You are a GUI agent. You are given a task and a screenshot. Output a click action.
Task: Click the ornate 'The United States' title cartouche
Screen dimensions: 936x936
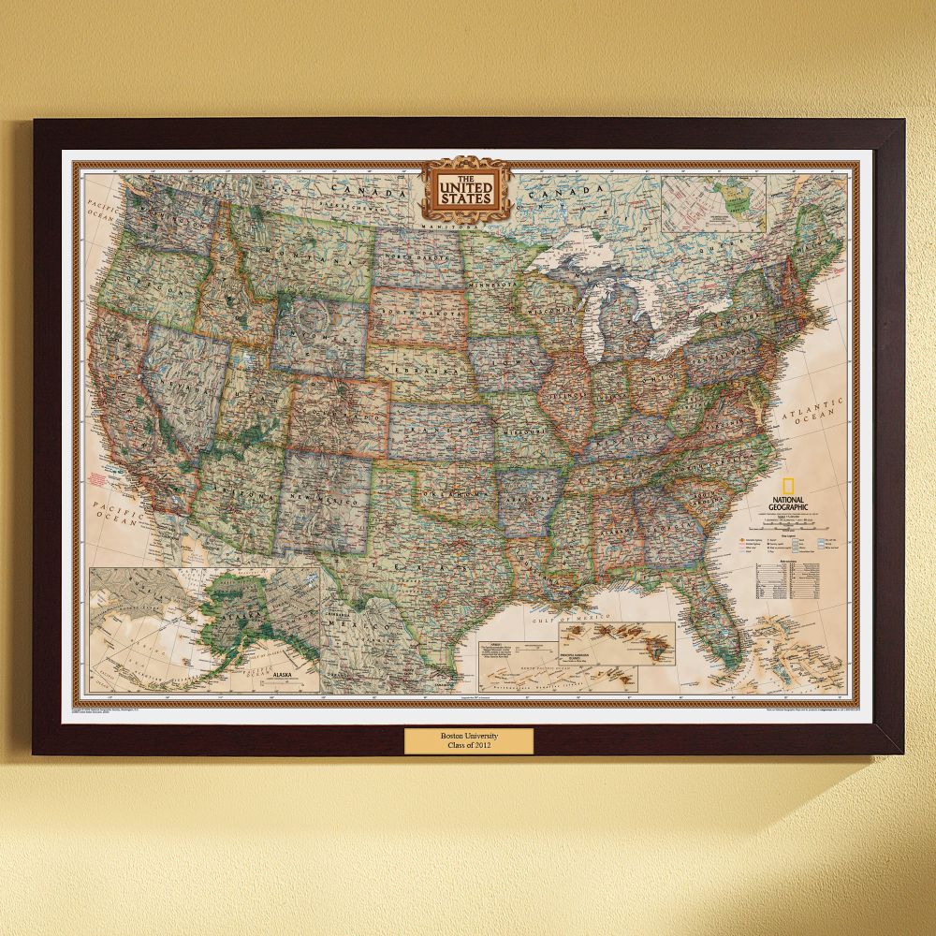pyautogui.click(x=467, y=190)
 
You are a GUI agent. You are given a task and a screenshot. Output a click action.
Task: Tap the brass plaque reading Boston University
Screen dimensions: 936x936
pyautogui.click(x=468, y=739)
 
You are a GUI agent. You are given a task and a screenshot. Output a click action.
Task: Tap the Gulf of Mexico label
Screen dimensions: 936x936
pyautogui.click(x=568, y=621)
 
